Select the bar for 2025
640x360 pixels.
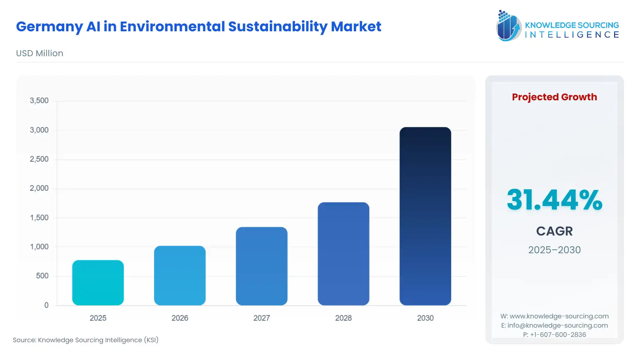[98, 283]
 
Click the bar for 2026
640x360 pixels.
[180, 276]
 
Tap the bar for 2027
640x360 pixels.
[261, 266]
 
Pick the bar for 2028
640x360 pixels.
[343, 254]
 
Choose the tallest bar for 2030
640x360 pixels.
[425, 216]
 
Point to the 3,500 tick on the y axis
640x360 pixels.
[39, 101]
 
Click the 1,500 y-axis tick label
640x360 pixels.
[39, 218]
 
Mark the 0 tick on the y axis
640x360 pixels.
[46, 305]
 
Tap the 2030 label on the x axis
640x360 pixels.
[425, 318]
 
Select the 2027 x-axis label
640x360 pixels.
[261, 318]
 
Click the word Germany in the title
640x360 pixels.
[49, 27]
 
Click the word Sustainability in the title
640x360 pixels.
[278, 27]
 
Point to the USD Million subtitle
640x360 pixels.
[39, 53]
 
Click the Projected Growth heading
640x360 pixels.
[554, 97]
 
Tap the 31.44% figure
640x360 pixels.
[554, 200]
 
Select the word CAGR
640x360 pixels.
[554, 231]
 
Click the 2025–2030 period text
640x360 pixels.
[554, 250]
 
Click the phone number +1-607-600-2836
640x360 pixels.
[558, 335]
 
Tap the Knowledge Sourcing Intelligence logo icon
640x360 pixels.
[508, 26]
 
